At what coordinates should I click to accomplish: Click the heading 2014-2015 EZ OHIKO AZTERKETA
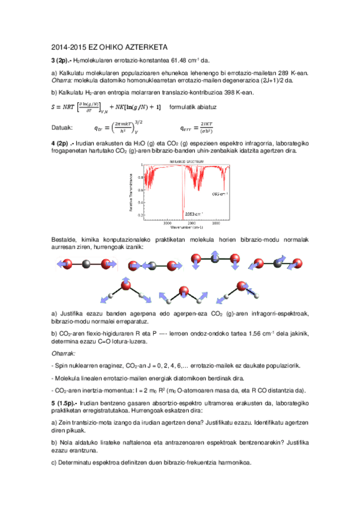click(x=109, y=46)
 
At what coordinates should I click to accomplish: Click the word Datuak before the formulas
click(x=63, y=127)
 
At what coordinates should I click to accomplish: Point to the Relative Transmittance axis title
click(x=130, y=192)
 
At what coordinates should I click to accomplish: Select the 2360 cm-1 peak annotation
click(x=193, y=213)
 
